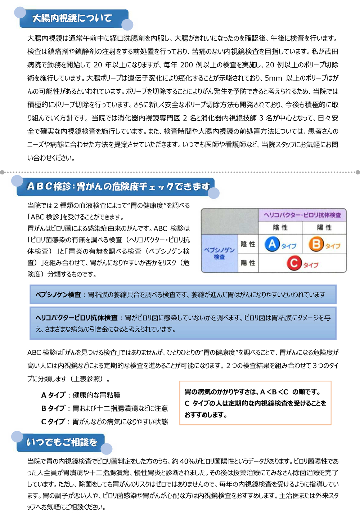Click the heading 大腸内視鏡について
[72, 18]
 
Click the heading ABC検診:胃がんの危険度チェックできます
[118, 186]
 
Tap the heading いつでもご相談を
[62, 442]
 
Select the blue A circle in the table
[272, 244]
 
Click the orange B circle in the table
[316, 244]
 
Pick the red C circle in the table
[294, 263]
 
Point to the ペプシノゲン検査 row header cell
[219, 253]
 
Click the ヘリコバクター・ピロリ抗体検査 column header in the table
[302, 215]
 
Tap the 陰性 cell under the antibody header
[280, 227]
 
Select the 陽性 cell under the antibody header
[324, 227]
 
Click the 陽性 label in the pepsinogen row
[248, 263]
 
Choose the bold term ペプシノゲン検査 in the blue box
[58, 295]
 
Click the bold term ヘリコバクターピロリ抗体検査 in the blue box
[77, 318]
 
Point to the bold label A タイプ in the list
[53, 395]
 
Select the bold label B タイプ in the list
[53, 408]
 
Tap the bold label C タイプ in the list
[53, 422]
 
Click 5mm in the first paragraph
[273, 78]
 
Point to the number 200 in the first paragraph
[186, 65]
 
